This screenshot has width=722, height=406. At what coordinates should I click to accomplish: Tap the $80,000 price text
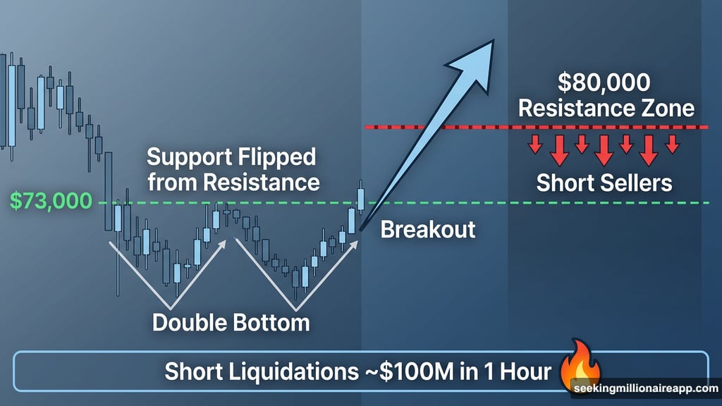pos(604,83)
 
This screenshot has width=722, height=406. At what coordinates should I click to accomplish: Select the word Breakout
pos(428,229)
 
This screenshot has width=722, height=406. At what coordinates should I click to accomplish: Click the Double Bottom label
pos(231,323)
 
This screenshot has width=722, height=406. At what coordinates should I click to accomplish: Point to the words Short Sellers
pos(604,183)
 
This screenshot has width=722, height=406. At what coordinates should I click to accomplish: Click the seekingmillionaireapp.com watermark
pos(644,389)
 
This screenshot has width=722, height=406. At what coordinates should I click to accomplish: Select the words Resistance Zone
pos(604,109)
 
